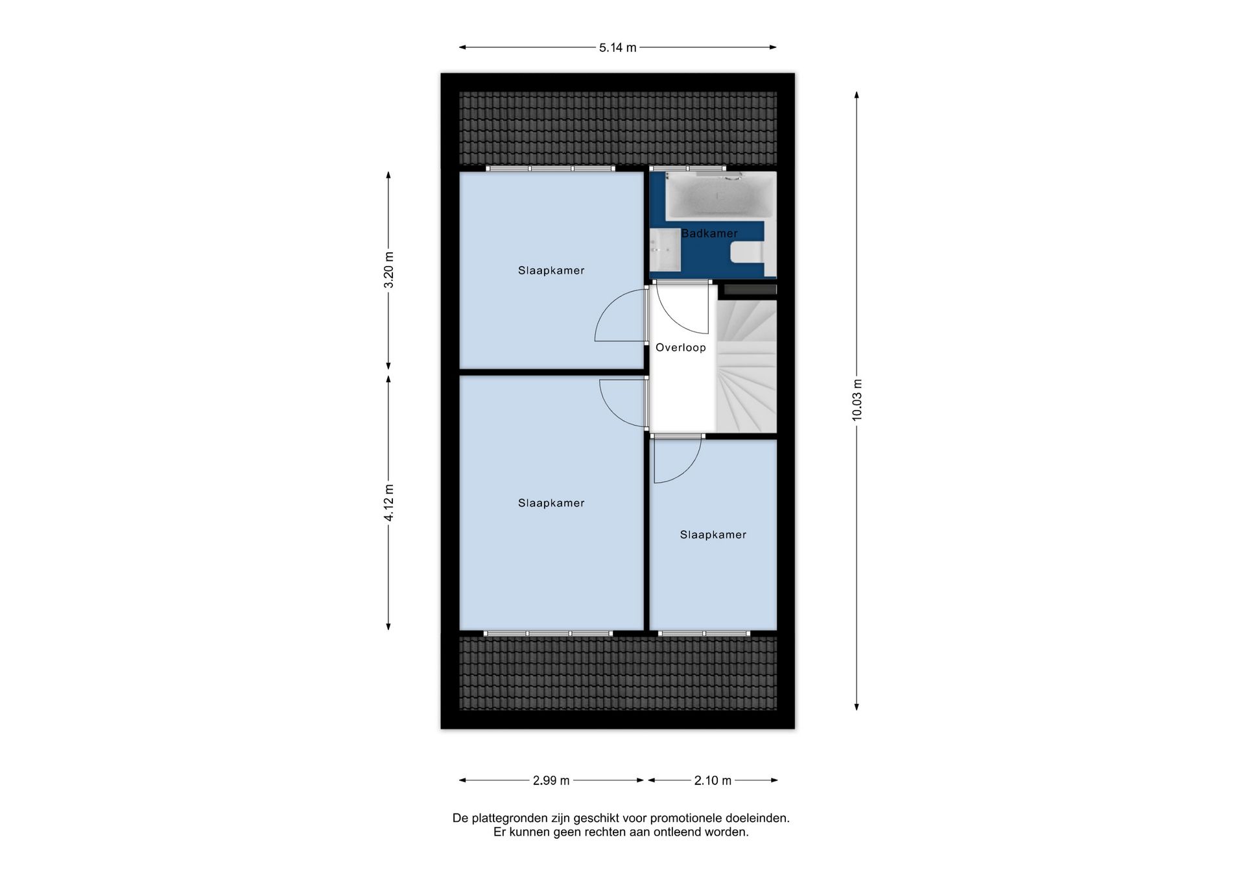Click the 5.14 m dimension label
tap(617, 47)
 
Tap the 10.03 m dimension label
tap(857, 400)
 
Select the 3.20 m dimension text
tap(388, 270)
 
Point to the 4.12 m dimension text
tap(388, 502)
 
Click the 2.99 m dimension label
tap(551, 780)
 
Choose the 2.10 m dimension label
tap(713, 780)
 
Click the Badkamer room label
tap(709, 234)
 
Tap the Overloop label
tap(681, 348)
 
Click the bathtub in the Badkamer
tap(720, 195)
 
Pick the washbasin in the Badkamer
tap(665, 250)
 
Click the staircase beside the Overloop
tap(746, 366)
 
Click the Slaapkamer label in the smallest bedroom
tap(713, 535)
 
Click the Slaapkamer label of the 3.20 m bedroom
tap(551, 271)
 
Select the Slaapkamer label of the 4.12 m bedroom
tap(551, 503)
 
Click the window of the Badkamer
tap(689, 169)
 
